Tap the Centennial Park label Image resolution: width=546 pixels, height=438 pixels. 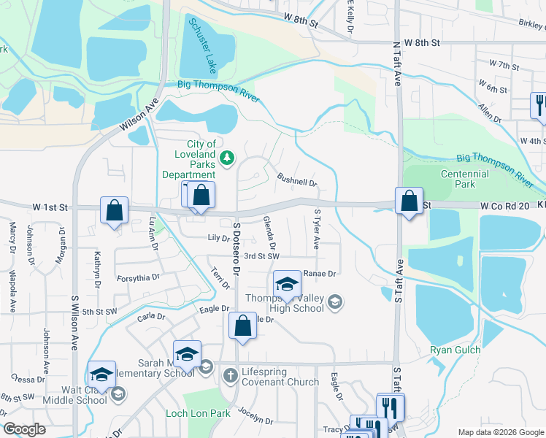point(465,180)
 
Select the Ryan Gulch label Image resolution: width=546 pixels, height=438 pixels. point(455,350)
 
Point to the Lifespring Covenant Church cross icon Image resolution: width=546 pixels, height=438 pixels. point(230,375)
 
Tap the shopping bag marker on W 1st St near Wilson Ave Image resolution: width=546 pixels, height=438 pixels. point(115,211)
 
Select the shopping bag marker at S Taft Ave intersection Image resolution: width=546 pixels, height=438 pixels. point(409,201)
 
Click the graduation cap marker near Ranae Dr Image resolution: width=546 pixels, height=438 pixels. point(288,285)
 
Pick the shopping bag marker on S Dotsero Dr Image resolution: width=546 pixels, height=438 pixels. point(243,326)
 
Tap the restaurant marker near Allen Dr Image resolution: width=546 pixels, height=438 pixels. point(540,104)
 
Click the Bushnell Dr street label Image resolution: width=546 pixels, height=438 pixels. point(297,179)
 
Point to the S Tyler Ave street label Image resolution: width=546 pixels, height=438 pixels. point(317,230)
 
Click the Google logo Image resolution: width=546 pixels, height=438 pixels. point(24,429)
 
